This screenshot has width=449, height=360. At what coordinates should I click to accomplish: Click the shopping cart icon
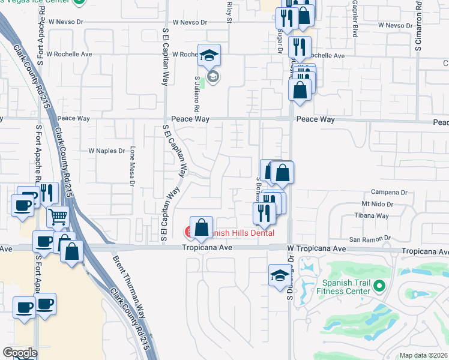(58, 217)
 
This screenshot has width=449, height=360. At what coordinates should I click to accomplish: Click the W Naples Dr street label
(106, 151)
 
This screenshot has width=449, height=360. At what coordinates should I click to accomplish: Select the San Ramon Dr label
(366, 239)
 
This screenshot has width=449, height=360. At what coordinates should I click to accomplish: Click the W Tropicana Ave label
(316, 248)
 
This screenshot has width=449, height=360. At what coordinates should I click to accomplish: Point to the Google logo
(20, 353)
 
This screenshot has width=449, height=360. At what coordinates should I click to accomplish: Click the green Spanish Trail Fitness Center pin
(379, 287)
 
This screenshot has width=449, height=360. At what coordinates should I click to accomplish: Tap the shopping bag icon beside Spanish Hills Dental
(202, 227)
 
